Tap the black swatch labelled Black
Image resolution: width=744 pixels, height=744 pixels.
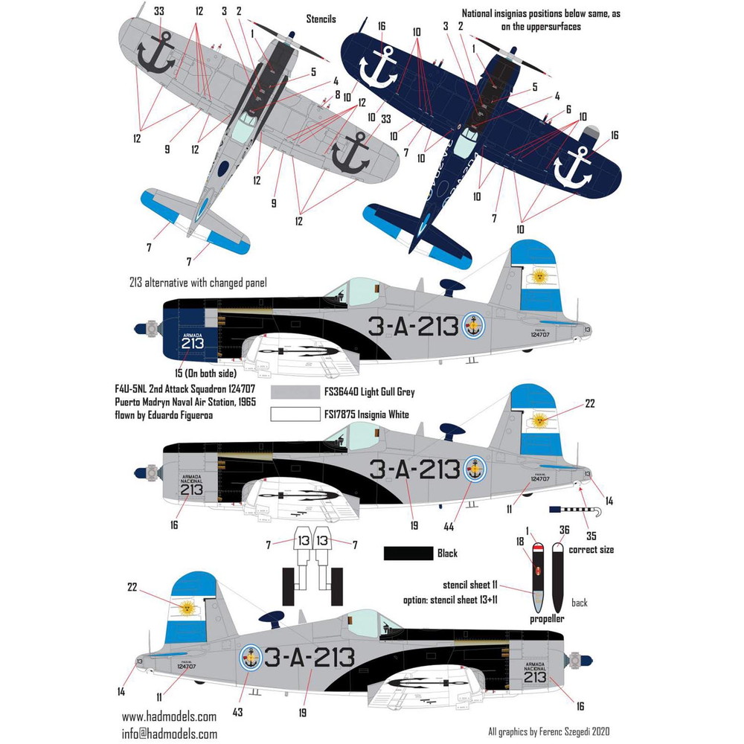click(408, 554)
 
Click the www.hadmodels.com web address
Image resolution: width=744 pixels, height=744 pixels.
click(169, 716)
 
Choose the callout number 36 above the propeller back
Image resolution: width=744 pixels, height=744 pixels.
click(564, 530)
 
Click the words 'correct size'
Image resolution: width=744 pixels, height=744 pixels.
click(592, 550)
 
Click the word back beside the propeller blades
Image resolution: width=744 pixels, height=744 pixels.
click(579, 603)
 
